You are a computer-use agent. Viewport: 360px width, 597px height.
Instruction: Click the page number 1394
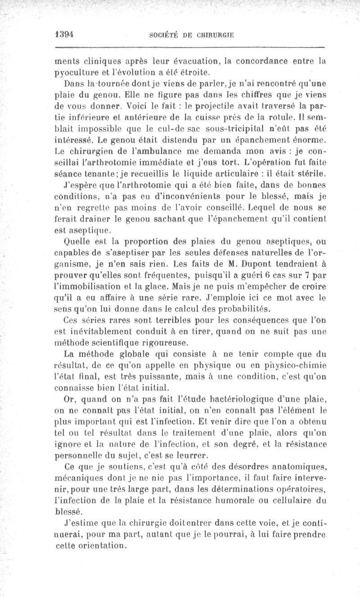[64, 35]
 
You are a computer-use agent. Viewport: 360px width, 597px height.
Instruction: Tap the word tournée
[98, 84]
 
